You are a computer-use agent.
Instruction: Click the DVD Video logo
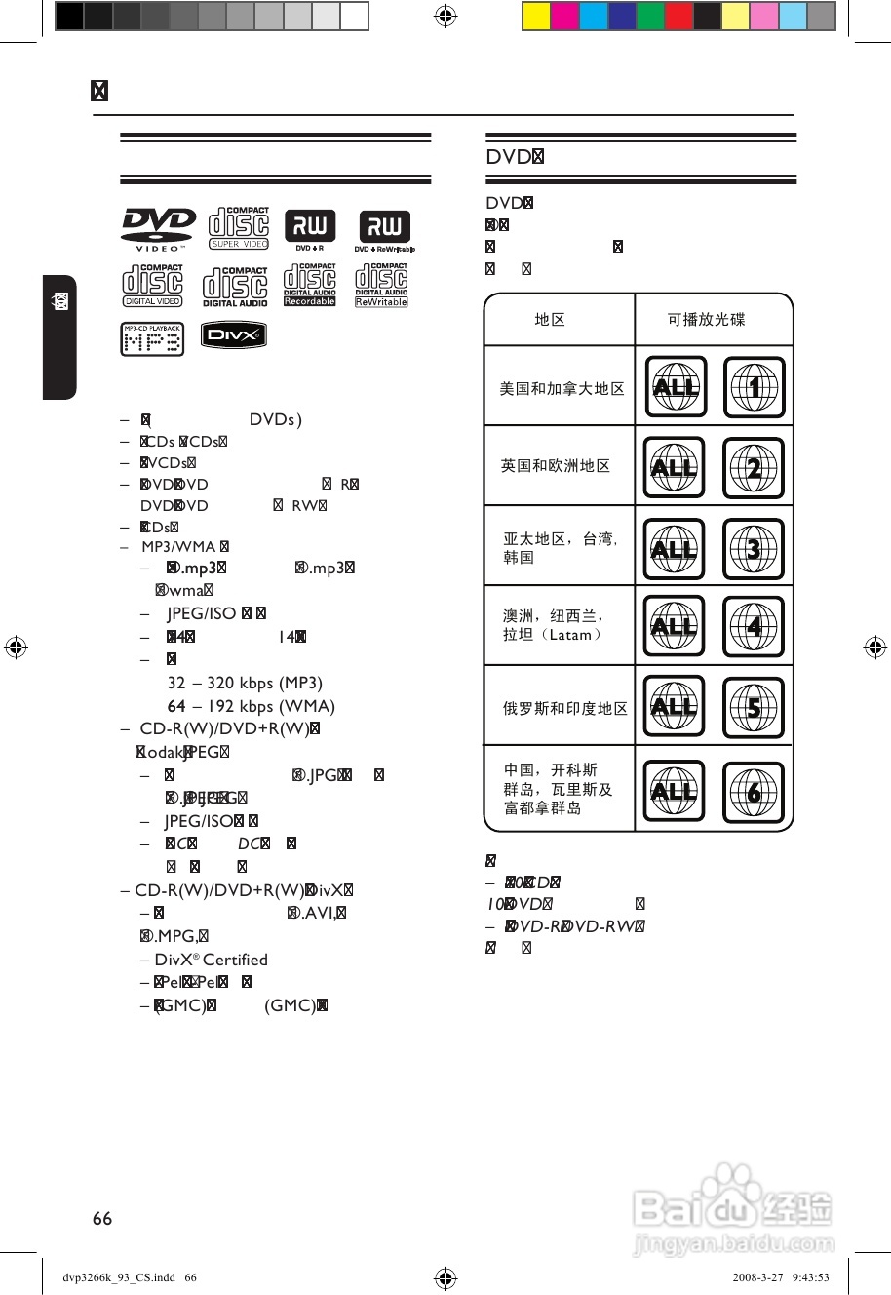[x=158, y=229]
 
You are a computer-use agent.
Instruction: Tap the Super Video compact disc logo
[x=239, y=228]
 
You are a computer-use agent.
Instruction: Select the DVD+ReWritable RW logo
[x=384, y=230]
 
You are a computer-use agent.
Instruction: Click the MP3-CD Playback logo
[x=152, y=339]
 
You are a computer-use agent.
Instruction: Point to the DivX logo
[x=234, y=334]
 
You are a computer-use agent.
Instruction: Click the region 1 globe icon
[x=754, y=387]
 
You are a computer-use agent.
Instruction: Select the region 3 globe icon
[x=754, y=549]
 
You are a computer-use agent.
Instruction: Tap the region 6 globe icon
[x=754, y=791]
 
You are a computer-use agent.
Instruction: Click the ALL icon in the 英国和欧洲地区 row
[x=674, y=468]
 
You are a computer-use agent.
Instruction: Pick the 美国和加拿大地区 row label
[x=562, y=388]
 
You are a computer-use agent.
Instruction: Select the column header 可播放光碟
[x=706, y=319]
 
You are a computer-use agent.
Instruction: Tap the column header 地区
[x=550, y=319]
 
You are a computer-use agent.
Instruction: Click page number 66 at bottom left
[x=102, y=1218]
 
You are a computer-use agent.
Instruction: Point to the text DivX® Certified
[x=211, y=960]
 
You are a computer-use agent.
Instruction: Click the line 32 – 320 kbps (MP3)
[x=245, y=683]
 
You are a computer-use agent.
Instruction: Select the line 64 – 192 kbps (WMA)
[x=251, y=706]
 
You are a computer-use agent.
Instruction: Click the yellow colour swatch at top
[x=536, y=17]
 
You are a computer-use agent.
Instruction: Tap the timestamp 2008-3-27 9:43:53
[x=781, y=1277]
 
